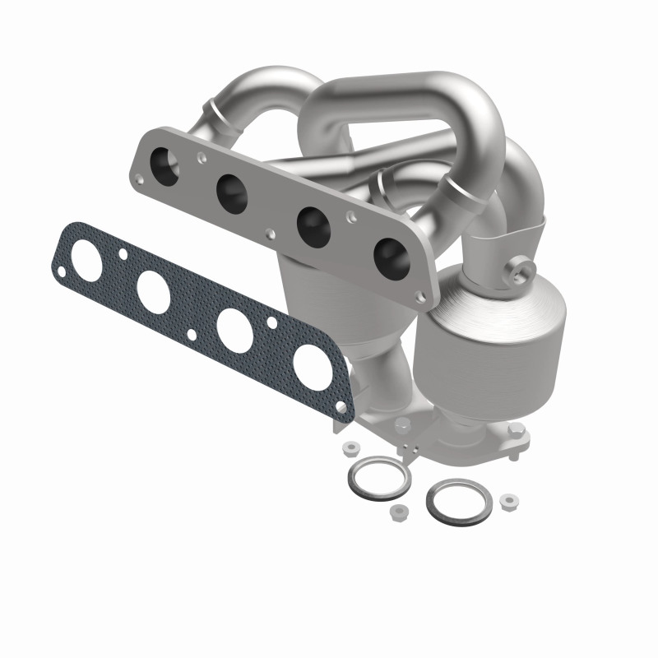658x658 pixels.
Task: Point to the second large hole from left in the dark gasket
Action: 155,288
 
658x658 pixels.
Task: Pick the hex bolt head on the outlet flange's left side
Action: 402,425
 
